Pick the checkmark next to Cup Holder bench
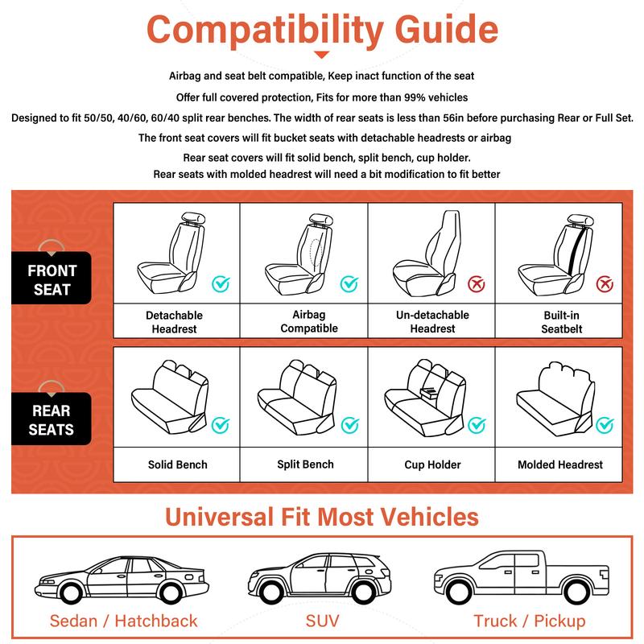pyautogui.click(x=477, y=424)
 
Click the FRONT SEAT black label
pyautogui.click(x=52, y=279)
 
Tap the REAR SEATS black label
pyautogui.click(x=52, y=420)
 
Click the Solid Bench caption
pyautogui.click(x=177, y=464)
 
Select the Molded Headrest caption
pyautogui.click(x=559, y=464)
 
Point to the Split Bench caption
pyautogui.click(x=305, y=464)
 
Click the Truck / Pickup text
pyautogui.click(x=529, y=621)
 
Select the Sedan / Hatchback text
pyautogui.click(x=123, y=621)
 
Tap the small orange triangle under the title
pyautogui.click(x=321, y=55)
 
